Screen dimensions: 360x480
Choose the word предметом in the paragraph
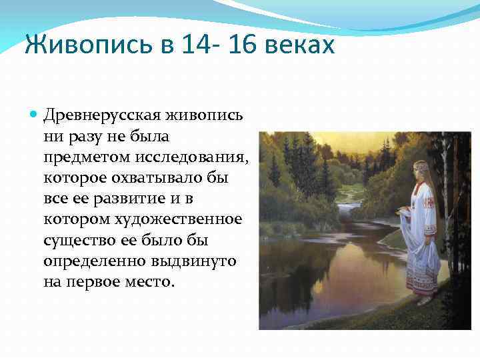coord(83,157)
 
